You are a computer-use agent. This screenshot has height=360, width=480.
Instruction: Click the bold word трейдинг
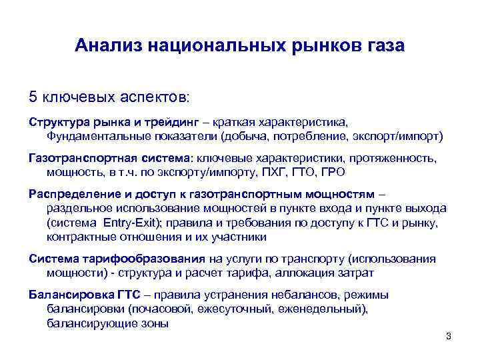[153, 123]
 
